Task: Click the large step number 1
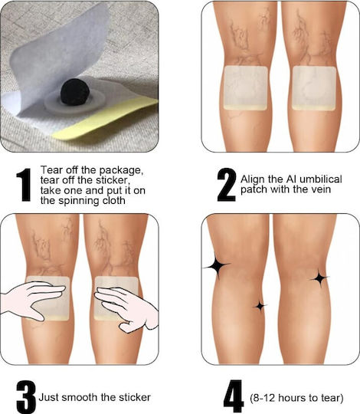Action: click(x=25, y=185)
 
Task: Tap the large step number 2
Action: click(x=227, y=185)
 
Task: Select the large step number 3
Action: click(x=25, y=397)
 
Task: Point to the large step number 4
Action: click(x=234, y=396)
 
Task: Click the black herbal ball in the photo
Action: click(x=75, y=92)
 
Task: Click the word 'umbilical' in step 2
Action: click(x=321, y=179)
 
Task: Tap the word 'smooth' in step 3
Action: click(x=80, y=397)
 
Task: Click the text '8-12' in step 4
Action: click(x=263, y=397)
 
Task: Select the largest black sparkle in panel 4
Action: click(x=217, y=266)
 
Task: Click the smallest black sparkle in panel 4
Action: click(x=260, y=306)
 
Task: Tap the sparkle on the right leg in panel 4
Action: click(x=320, y=278)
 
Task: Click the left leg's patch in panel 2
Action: click(x=246, y=88)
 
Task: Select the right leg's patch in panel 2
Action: click(x=314, y=88)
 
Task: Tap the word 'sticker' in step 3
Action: click(x=135, y=397)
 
